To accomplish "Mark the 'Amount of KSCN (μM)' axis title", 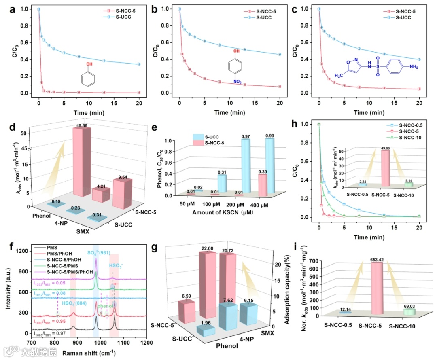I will tap(228, 212).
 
